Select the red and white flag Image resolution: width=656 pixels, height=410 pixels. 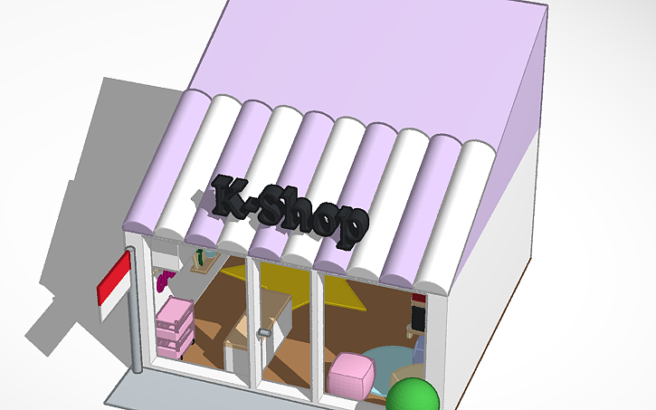coord(114,285)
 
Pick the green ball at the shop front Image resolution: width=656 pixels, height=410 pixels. coord(413,396)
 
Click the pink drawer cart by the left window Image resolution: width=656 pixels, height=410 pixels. coord(174,326)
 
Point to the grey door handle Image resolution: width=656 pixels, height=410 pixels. coord(264,334)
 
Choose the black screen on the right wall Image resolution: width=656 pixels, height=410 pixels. coord(418,316)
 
